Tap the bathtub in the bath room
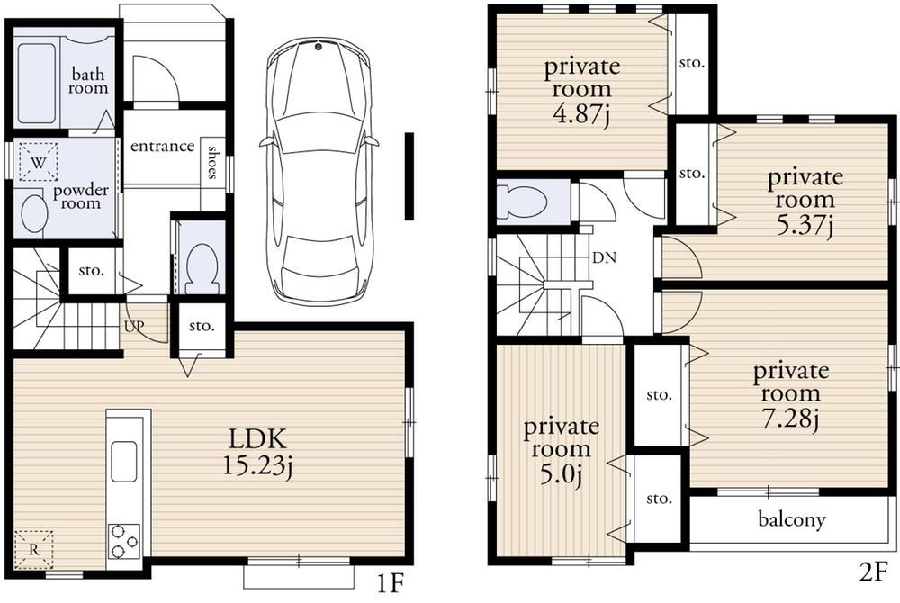click(x=36, y=84)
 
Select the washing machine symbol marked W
click(x=39, y=162)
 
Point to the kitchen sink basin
click(x=124, y=462)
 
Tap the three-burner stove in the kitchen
click(x=124, y=541)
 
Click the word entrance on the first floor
click(x=162, y=147)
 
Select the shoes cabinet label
click(x=212, y=162)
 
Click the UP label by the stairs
click(x=135, y=325)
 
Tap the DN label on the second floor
click(x=605, y=257)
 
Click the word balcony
click(x=791, y=519)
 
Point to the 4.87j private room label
click(x=582, y=90)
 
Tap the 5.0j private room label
click(x=561, y=451)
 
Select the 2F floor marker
click(x=873, y=573)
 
